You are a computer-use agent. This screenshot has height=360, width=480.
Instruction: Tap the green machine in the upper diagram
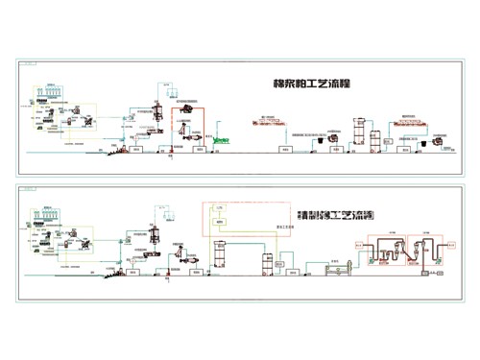[221, 140]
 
